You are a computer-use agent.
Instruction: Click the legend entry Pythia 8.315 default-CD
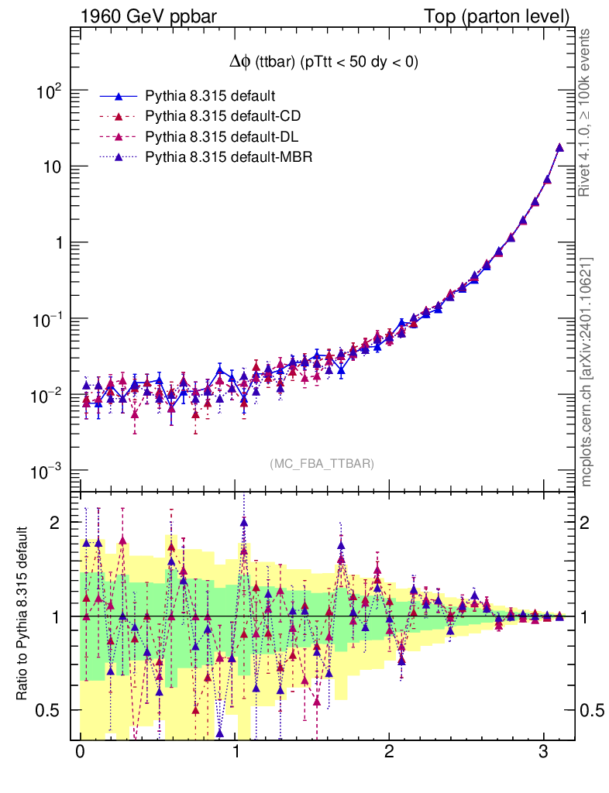click(x=222, y=116)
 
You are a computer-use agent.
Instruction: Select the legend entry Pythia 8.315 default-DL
click(x=222, y=137)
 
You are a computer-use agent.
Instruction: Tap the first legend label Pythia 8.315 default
click(x=211, y=96)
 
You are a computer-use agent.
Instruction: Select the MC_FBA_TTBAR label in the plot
click(x=322, y=464)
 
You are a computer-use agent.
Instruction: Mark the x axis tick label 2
click(x=390, y=753)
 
